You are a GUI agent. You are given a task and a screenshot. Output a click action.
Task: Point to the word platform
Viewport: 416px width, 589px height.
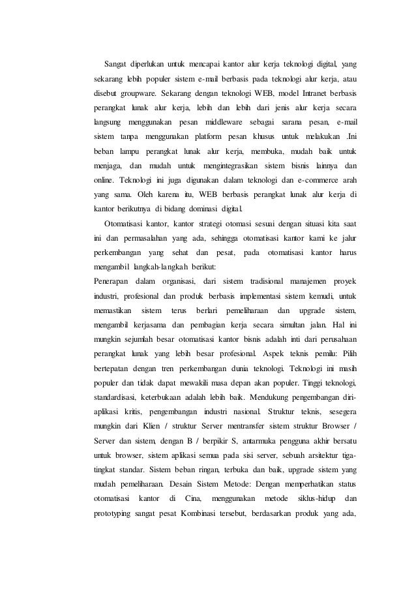click(x=203, y=136)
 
